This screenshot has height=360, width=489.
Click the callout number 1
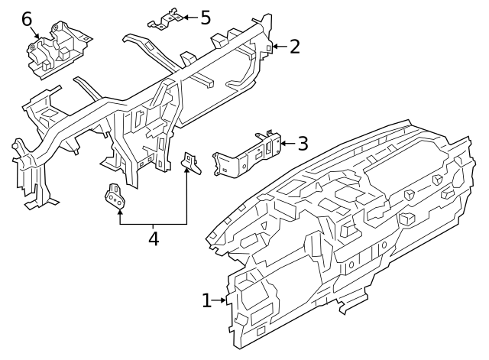click(x=206, y=300)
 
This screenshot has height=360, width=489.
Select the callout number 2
click(x=294, y=47)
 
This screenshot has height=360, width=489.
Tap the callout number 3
click(x=302, y=142)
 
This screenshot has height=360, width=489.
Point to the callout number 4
click(x=153, y=238)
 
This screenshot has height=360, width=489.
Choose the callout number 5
click(x=205, y=16)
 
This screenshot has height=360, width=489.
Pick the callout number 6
click(x=27, y=18)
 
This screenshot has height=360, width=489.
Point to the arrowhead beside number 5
click(x=184, y=16)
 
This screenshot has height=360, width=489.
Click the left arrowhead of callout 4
click(x=120, y=211)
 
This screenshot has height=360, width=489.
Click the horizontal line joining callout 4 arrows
click(x=153, y=224)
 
